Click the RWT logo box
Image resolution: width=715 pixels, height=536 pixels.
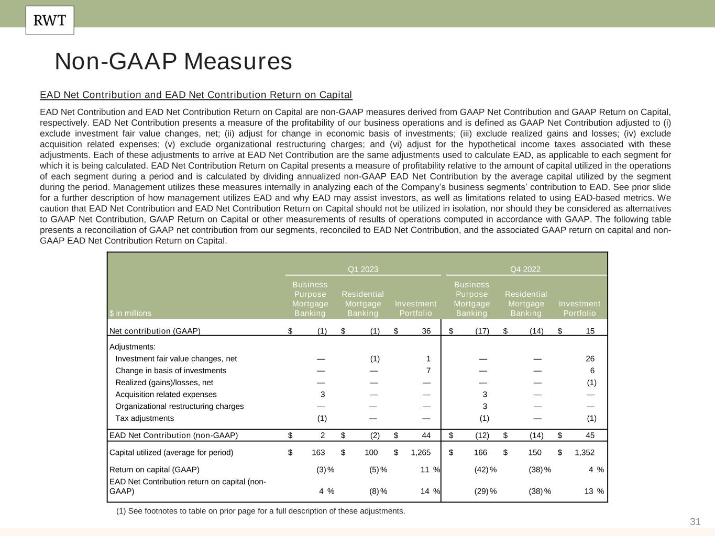point(50,20)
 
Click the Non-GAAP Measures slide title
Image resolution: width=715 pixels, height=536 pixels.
point(173,61)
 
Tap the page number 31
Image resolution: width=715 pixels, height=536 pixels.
point(695,521)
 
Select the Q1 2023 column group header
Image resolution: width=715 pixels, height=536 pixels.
point(363,270)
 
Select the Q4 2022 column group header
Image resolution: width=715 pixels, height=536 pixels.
point(525,270)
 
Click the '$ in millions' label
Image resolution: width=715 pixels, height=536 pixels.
point(130,313)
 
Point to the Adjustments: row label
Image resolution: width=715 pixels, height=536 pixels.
point(133,347)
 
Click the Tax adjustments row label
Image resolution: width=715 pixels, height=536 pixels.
point(145,418)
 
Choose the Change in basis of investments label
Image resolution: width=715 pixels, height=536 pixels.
point(171,371)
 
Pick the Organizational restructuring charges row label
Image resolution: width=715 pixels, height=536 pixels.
point(180,406)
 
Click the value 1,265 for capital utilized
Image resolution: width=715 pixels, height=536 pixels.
point(421,452)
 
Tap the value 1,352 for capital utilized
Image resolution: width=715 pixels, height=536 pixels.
point(585,452)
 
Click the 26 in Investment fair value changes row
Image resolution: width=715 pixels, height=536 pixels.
point(590,359)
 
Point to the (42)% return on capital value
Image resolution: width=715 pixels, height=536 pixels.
point(485,470)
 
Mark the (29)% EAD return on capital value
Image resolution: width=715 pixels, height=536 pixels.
point(485,491)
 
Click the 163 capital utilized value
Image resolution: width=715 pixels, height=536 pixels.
point(318,452)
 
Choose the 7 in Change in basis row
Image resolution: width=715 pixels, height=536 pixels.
point(428,371)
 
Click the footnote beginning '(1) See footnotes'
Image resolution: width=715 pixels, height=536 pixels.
point(260,511)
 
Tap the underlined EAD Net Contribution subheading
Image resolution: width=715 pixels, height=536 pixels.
point(196,95)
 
